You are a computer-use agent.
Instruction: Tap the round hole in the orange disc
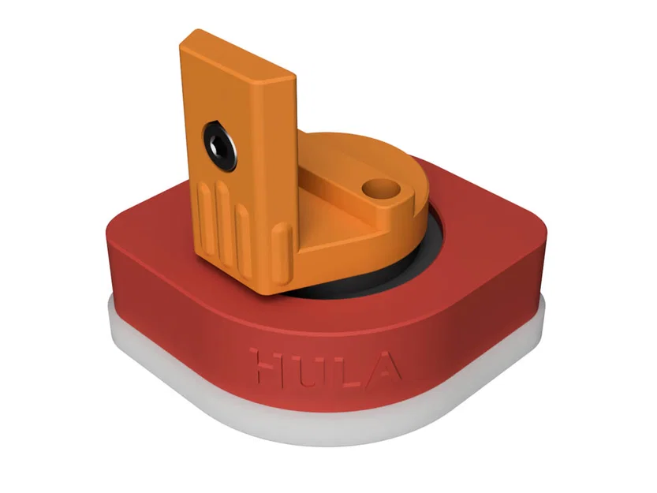pyautogui.click(x=379, y=189)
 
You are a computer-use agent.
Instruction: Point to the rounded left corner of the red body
pyautogui.click(x=118, y=237)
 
